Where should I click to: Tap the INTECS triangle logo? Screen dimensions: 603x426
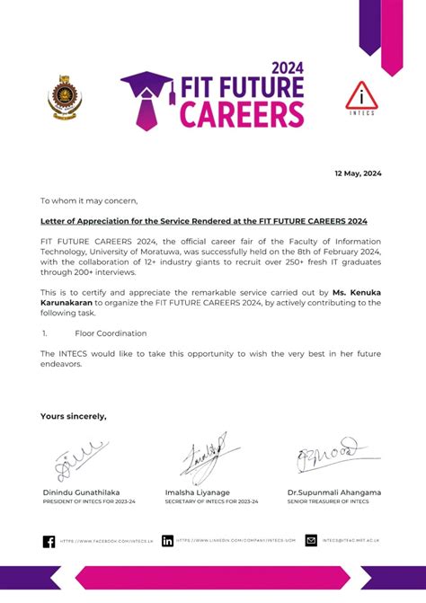point(361,97)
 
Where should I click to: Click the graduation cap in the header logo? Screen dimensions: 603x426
point(146,86)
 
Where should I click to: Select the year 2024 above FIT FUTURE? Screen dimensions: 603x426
point(288,67)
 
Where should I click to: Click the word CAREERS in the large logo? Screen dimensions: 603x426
point(242,114)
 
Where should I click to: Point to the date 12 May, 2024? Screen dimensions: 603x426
point(358,173)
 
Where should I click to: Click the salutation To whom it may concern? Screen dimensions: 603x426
point(89,200)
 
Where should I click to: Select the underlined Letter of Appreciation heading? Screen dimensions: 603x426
point(204,220)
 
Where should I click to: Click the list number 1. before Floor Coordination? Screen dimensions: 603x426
point(44,333)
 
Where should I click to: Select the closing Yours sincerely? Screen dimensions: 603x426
point(73,416)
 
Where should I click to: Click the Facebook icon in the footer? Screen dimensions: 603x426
point(49,541)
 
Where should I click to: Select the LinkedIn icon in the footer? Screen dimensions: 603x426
point(168,541)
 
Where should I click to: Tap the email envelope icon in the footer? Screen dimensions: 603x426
point(311,541)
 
